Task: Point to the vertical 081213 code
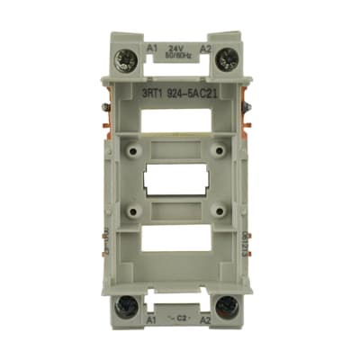point(247,245)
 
